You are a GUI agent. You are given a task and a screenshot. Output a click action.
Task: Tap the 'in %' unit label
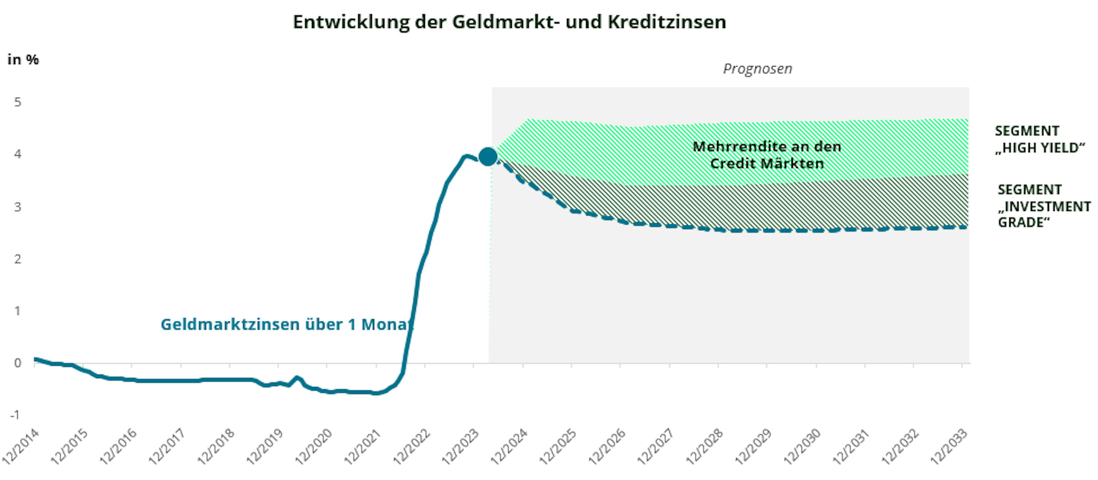pyautogui.click(x=23, y=60)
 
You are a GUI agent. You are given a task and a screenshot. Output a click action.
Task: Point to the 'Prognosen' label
pyautogui.click(x=757, y=69)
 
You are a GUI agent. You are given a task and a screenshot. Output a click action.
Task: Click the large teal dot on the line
pyautogui.click(x=488, y=157)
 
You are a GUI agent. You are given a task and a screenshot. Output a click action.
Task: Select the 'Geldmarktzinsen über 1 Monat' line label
pyautogui.click(x=287, y=324)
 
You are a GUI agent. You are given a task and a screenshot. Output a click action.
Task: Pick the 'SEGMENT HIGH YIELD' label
pyautogui.click(x=1039, y=139)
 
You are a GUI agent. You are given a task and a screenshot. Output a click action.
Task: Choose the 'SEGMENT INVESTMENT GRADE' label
pyautogui.click(x=1043, y=206)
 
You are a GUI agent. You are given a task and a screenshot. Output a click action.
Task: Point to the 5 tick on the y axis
pyautogui.click(x=17, y=102)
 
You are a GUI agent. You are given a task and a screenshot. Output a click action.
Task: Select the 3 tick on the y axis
pyautogui.click(x=17, y=207)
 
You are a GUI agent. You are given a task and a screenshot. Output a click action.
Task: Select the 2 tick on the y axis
pyautogui.click(x=17, y=259)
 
